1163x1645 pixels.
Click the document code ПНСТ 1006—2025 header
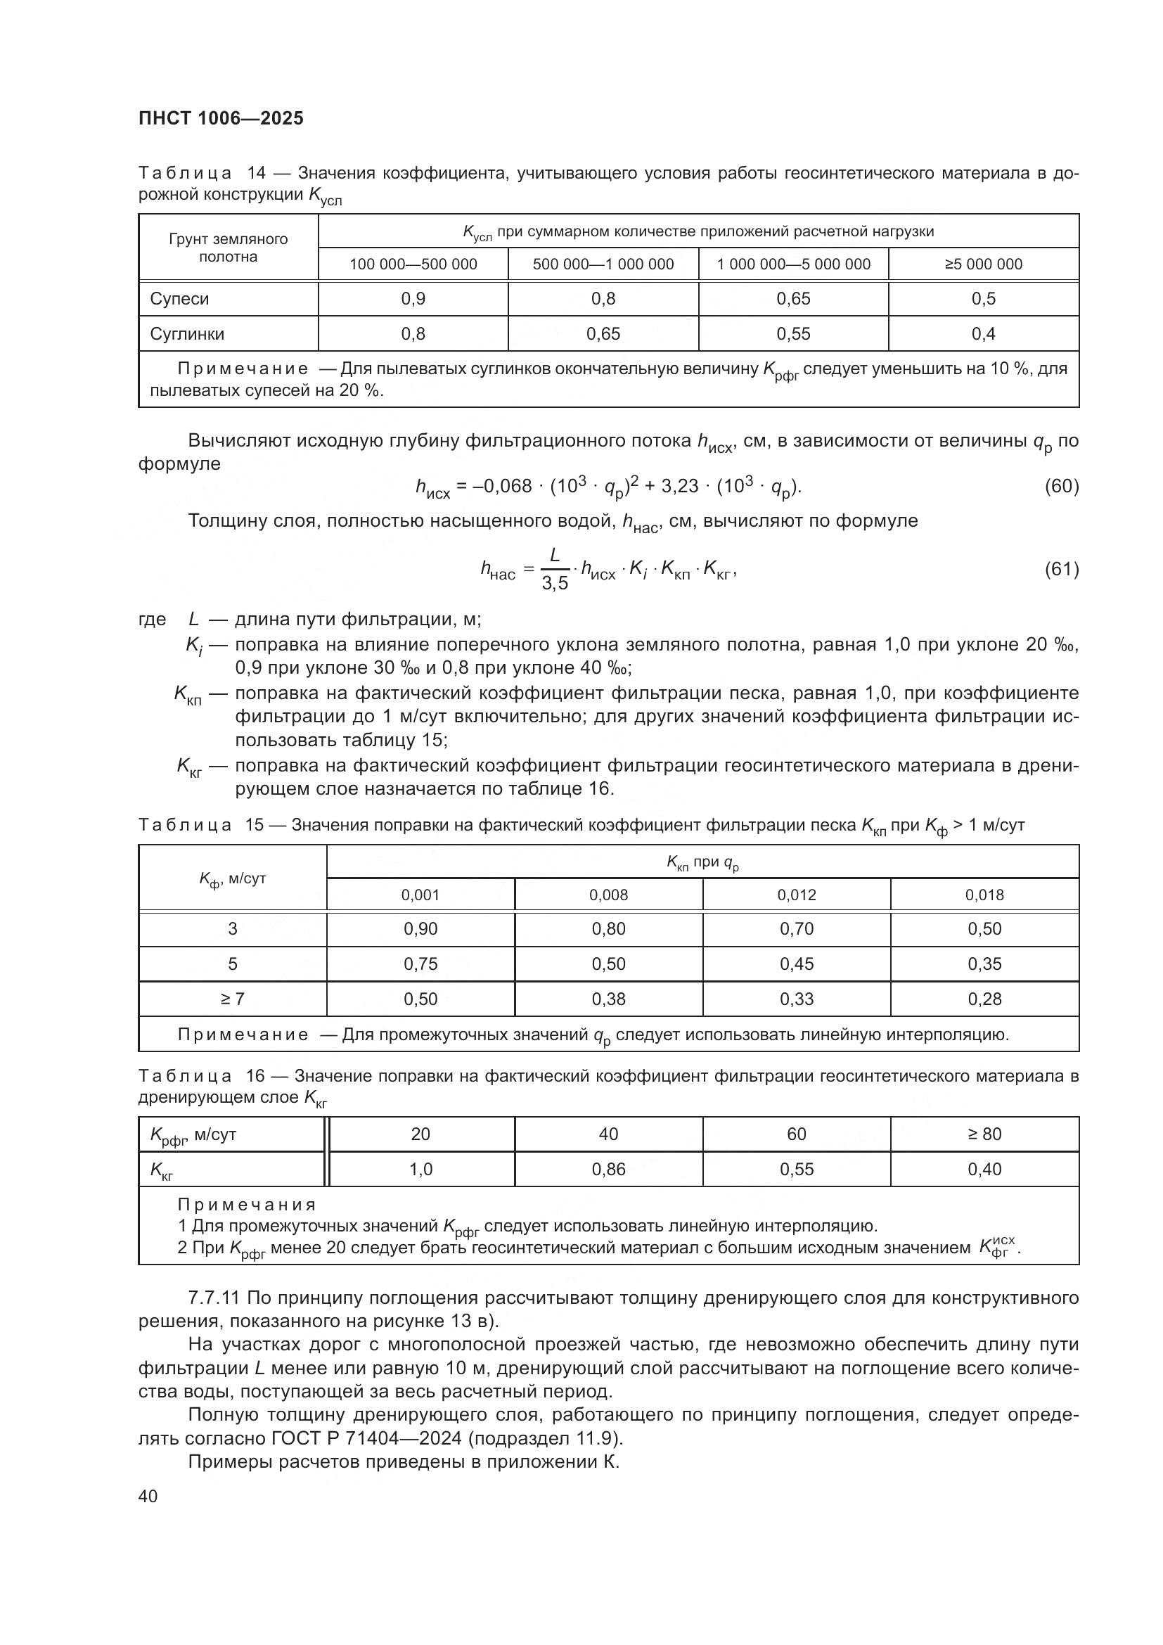click(221, 118)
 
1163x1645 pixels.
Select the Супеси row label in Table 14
click(179, 299)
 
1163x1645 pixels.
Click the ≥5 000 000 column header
click(983, 264)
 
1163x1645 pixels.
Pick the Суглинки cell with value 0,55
click(792, 334)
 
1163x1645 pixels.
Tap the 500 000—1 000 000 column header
click(603, 264)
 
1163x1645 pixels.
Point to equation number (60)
click(1061, 487)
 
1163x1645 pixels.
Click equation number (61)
click(1061, 570)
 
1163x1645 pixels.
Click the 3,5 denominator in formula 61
click(554, 584)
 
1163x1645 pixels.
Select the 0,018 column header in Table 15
click(984, 895)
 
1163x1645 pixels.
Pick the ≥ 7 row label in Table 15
click(232, 999)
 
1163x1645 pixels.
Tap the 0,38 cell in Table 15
click(608, 999)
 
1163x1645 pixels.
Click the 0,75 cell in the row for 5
click(420, 964)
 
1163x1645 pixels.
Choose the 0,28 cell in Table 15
click(984, 999)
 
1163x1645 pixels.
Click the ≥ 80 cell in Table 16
click(984, 1134)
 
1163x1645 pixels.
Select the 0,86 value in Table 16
click(608, 1170)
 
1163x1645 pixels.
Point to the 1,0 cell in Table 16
click(420, 1170)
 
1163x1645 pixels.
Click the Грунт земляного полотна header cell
click(228, 248)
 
